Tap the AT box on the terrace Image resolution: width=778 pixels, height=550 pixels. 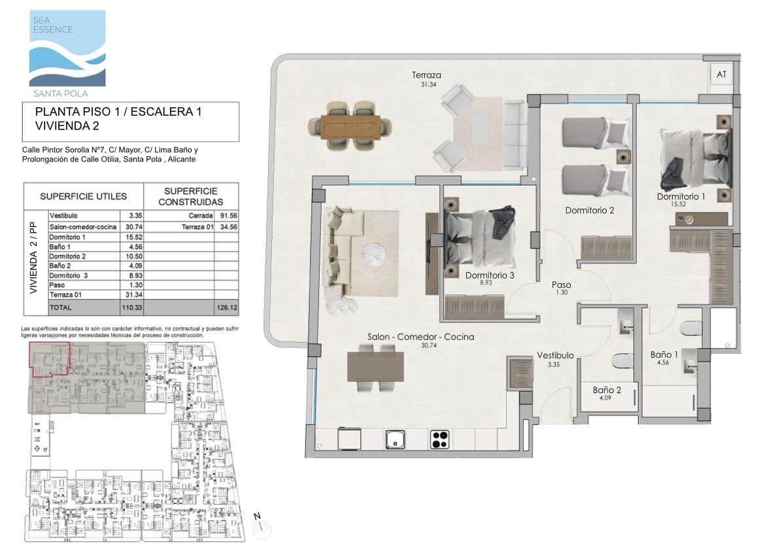tap(721, 75)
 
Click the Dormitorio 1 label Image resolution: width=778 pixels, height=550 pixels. tap(681, 197)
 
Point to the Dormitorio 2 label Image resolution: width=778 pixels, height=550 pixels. tap(590, 211)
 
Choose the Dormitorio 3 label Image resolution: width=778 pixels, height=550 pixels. tap(490, 276)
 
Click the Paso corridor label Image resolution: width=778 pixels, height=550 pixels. tap(561, 285)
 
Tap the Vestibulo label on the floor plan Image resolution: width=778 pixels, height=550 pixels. tap(555, 356)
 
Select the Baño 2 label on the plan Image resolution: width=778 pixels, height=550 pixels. tap(607, 390)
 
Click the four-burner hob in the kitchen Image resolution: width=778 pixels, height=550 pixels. tap(439, 439)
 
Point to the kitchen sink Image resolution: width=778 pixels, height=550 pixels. tap(396, 439)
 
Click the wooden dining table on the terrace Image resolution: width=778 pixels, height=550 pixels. tap(350, 126)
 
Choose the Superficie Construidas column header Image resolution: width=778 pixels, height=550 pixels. tap(194, 196)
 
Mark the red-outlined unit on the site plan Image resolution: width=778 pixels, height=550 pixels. tap(50, 358)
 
